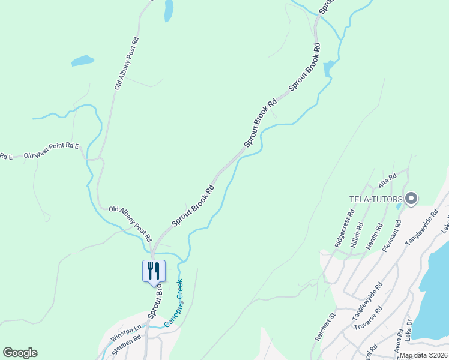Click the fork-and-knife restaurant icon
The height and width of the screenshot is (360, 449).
click(153, 271)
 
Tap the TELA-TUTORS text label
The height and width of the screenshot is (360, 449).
click(376, 199)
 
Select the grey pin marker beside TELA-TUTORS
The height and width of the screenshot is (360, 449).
click(411, 198)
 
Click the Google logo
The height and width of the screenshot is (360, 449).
click(20, 353)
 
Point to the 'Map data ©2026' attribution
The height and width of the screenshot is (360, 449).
click(423, 355)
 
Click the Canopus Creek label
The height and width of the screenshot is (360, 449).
click(173, 305)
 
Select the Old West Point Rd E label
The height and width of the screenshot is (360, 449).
click(52, 151)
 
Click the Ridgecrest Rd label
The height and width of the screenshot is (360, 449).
click(344, 228)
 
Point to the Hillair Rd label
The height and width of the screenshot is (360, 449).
click(357, 236)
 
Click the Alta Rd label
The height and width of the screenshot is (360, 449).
click(387, 179)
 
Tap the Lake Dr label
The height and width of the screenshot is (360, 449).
click(409, 329)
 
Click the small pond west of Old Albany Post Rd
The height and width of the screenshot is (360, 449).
click(82, 61)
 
